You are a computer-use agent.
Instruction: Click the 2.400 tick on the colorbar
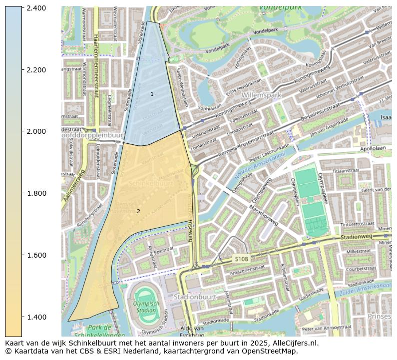pyautogui.click(x=36, y=8)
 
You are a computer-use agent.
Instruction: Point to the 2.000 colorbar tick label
pyautogui.click(x=36, y=131)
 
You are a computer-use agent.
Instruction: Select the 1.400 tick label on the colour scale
pyautogui.click(x=36, y=317)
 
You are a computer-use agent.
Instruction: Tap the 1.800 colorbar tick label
pyautogui.click(x=36, y=193)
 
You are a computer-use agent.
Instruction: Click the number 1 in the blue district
pyautogui.click(x=152, y=94)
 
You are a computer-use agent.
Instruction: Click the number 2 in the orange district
pyautogui.click(x=138, y=211)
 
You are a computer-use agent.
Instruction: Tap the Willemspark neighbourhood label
pyautogui.click(x=261, y=95)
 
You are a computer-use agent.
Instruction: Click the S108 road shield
pyautogui.click(x=241, y=259)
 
